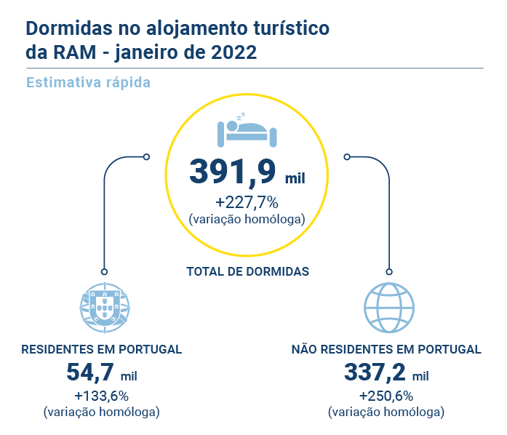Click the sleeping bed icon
(x=247, y=129)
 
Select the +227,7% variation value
(x=246, y=201)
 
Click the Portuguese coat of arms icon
(x=104, y=306)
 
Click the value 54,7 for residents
(x=89, y=372)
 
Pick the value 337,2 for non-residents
(x=375, y=372)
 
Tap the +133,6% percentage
(x=101, y=396)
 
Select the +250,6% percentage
(x=386, y=396)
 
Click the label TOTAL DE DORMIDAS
(x=248, y=271)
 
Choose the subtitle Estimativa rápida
(x=88, y=82)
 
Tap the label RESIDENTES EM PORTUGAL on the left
(x=101, y=349)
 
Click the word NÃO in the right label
(x=306, y=349)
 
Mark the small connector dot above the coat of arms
(x=104, y=271)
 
